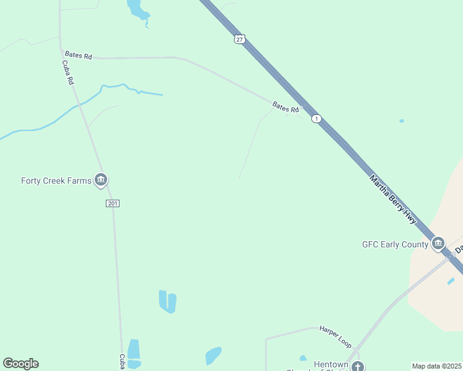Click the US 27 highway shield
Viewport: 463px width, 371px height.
click(x=240, y=39)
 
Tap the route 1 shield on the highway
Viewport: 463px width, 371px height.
click(x=316, y=118)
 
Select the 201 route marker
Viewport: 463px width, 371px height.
click(x=112, y=203)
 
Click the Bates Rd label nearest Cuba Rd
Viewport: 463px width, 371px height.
click(x=78, y=56)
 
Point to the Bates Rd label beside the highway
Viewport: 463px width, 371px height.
click(x=286, y=108)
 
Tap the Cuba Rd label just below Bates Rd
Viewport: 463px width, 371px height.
click(x=68, y=72)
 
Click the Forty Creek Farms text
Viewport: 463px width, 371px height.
click(x=56, y=181)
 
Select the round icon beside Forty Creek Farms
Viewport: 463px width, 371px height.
click(x=101, y=181)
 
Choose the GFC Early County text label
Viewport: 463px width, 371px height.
click(x=395, y=244)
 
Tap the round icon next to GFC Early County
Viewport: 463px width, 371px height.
click(x=438, y=244)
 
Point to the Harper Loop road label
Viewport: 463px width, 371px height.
click(x=335, y=336)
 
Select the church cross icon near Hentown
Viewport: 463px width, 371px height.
click(x=357, y=367)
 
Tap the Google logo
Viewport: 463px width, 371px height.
click(x=20, y=364)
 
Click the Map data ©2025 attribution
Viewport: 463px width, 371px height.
click(x=437, y=366)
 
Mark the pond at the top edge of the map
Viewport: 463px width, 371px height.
click(x=137, y=9)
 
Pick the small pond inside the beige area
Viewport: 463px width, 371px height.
click(x=451, y=281)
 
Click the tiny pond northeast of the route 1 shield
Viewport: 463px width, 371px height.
click(x=402, y=121)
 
